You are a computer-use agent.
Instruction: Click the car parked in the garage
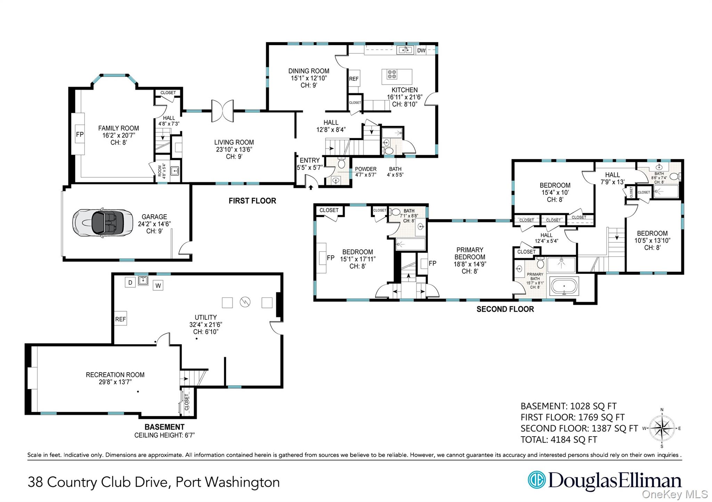click(103, 223)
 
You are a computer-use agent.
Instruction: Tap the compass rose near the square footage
click(662, 428)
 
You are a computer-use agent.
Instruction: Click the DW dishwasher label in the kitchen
click(421, 51)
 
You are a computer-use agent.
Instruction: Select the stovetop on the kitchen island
click(392, 74)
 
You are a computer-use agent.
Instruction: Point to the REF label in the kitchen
click(354, 79)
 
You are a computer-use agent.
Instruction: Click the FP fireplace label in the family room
click(80, 134)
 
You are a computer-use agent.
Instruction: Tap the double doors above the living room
click(222, 111)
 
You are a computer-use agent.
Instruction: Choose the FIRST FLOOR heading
click(252, 201)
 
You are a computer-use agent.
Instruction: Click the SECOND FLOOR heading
click(505, 309)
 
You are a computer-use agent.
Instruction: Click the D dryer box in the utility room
click(130, 282)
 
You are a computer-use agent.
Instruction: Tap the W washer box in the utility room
click(158, 286)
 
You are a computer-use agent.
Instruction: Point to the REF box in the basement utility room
click(121, 319)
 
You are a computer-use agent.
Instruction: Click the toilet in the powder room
click(341, 163)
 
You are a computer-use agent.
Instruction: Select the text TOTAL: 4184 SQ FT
click(559, 440)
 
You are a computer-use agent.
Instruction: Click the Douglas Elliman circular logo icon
click(536, 480)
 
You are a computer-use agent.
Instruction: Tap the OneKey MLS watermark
click(675, 494)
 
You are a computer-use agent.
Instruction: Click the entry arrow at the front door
click(311, 187)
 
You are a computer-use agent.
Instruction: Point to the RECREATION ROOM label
click(115, 375)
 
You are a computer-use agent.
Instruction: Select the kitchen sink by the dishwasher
click(405, 50)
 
